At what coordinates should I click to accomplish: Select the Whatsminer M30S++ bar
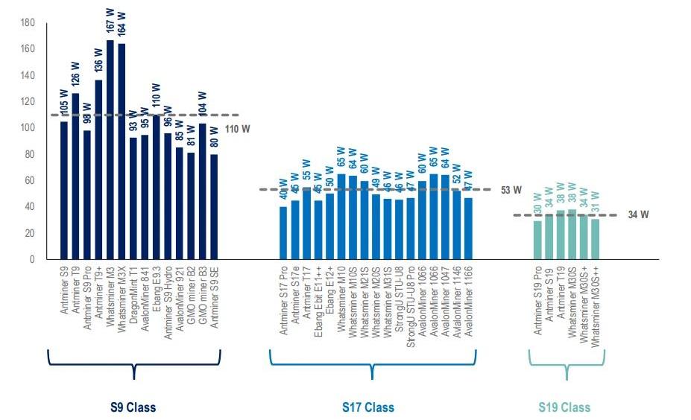(x=595, y=239)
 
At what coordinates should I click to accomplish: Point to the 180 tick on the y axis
(x=28, y=23)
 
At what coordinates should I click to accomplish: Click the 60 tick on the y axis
(x=30, y=180)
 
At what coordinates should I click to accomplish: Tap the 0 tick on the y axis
(x=32, y=259)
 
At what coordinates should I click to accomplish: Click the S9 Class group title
(x=133, y=407)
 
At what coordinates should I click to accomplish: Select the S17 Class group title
(x=368, y=407)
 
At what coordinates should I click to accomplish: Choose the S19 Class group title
(x=564, y=407)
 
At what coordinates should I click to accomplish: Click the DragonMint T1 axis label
(x=133, y=296)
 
